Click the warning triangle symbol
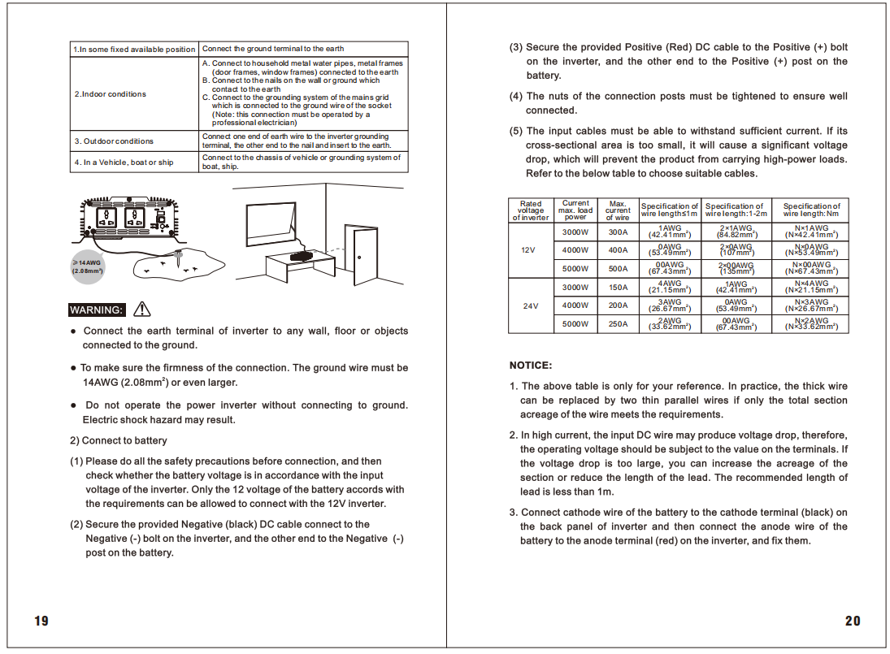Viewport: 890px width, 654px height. point(142,309)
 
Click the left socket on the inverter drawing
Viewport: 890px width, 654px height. point(108,217)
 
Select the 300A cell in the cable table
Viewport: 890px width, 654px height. point(618,232)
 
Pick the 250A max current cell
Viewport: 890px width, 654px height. point(618,323)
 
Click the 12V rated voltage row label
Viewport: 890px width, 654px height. point(528,250)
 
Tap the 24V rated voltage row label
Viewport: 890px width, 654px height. point(530,306)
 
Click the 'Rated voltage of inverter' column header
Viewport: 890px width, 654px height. point(530,210)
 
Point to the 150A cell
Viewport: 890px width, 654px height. point(618,287)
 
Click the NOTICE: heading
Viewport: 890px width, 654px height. point(531,366)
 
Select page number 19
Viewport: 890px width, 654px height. point(41,622)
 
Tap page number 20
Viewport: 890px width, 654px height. point(852,622)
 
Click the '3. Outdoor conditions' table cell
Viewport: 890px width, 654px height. point(114,141)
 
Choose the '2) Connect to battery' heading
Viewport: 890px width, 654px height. point(119,440)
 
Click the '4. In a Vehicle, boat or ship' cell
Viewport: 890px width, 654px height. point(124,162)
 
